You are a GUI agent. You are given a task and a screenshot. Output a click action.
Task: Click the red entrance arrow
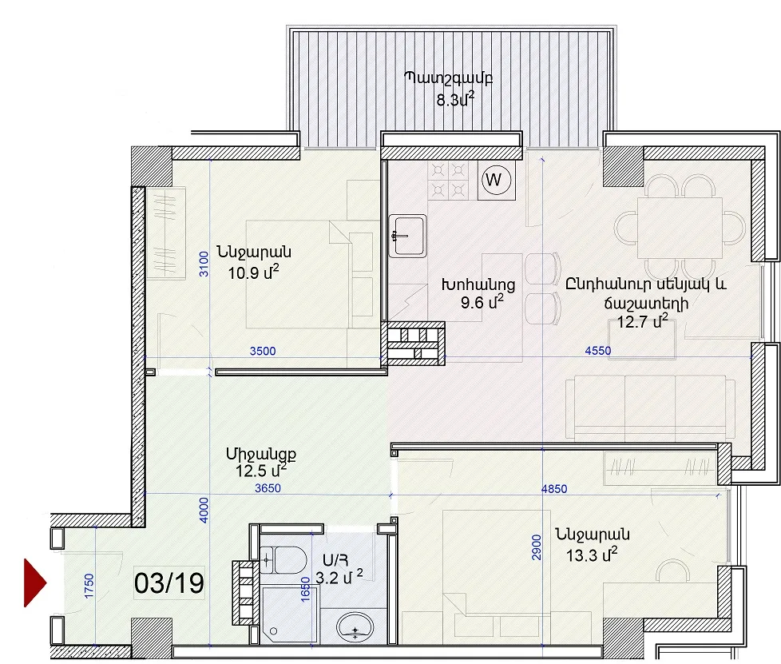pos(34,582)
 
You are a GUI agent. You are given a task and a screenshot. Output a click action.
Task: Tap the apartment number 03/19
pos(169,582)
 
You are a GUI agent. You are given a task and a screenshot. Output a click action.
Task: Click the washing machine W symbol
pos(497,180)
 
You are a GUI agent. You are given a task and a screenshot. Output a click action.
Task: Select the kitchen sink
pos(407,236)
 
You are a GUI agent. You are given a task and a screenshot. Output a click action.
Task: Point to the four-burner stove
pos(448,180)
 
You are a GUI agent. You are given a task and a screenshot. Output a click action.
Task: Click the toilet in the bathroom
pos(283,560)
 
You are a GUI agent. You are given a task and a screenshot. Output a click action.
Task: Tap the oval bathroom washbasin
pos(355,627)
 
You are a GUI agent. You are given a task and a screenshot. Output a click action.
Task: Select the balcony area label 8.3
pos(455,100)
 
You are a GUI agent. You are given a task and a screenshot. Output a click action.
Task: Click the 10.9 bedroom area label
pos(253,272)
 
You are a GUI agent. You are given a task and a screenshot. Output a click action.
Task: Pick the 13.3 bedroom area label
pos(592,554)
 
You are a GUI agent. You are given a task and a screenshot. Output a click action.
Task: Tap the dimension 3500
pos(263,351)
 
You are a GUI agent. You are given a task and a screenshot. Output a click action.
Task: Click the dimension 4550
pos(597,351)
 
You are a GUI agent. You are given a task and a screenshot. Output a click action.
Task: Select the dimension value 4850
pos(554,489)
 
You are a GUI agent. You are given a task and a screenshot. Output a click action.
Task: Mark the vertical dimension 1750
pos(89,586)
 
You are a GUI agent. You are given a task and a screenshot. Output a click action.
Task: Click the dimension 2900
pos(537,547)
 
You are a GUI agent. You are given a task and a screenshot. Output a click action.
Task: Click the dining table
pos(680,228)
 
